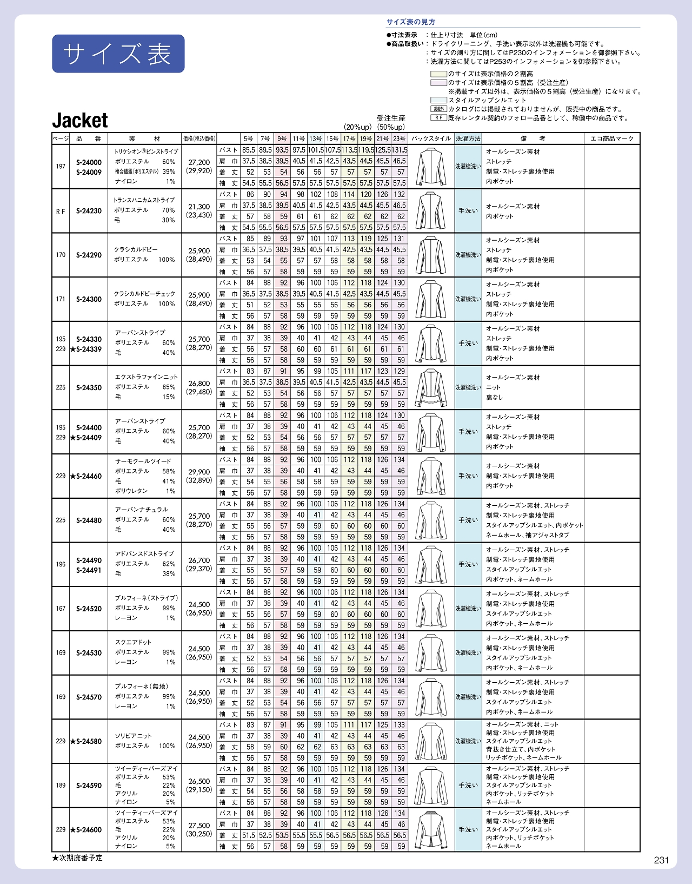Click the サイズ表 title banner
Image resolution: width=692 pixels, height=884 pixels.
pyautogui.click(x=118, y=54)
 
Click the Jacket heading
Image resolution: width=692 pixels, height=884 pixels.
pyautogui.click(x=80, y=120)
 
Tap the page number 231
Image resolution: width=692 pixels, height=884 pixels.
pyautogui.click(x=661, y=860)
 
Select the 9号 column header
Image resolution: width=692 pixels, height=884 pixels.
pyautogui.click(x=282, y=139)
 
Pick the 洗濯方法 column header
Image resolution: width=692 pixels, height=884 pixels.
pyautogui.click(x=468, y=139)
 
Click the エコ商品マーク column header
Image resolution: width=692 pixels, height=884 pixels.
pyautogui.click(x=612, y=139)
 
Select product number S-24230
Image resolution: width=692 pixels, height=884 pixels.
pyautogui.click(x=89, y=211)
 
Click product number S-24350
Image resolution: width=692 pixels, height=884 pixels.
pyautogui.click(x=89, y=387)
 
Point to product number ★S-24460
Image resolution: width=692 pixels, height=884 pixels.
pyautogui.click(x=86, y=476)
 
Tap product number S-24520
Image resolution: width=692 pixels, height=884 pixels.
pyautogui.click(x=89, y=609)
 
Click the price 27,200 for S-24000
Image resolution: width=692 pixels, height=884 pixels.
pyautogui.click(x=199, y=162)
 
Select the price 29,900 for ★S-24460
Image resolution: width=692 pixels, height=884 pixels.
pyautogui.click(x=199, y=472)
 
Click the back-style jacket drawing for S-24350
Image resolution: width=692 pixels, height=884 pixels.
pyautogui.click(x=430, y=387)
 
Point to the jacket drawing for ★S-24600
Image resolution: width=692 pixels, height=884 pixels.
pyautogui.click(x=430, y=829)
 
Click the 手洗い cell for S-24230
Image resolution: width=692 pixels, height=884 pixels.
pyautogui.click(x=468, y=211)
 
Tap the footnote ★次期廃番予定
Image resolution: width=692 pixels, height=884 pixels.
pyautogui.click(x=77, y=858)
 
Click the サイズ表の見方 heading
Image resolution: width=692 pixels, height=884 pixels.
pyautogui.click(x=410, y=22)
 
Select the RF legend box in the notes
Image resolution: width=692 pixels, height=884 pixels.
pyautogui.click(x=438, y=117)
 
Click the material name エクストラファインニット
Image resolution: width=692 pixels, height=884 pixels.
pyautogui.click(x=146, y=377)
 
